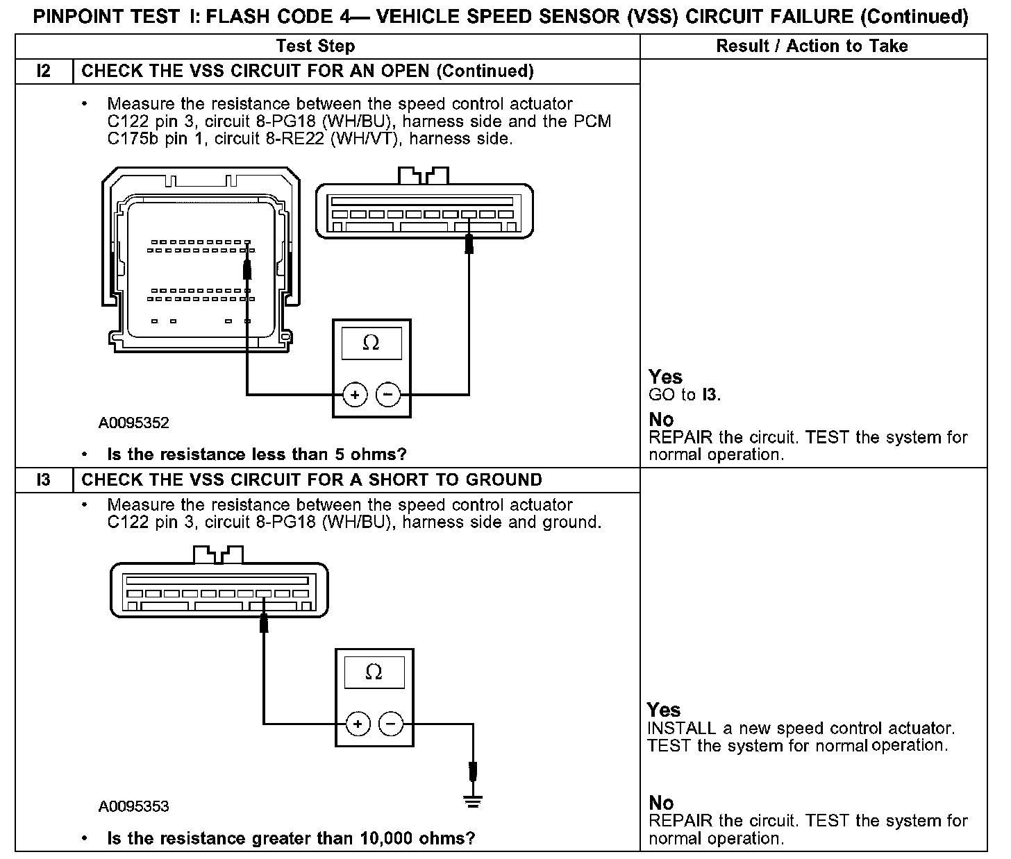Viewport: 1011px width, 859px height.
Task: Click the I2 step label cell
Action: coord(44,71)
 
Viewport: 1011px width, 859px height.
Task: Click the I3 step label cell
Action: coord(44,480)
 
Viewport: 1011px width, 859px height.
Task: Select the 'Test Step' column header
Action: coord(315,46)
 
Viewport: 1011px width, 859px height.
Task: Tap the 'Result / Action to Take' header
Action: coord(812,46)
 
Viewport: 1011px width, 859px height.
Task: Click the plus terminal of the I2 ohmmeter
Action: coord(355,396)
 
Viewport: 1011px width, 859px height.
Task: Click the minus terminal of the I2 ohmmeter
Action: coord(388,396)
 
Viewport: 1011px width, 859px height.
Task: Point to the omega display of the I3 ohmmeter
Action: coord(374,672)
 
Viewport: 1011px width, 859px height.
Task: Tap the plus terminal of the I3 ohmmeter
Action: coord(358,724)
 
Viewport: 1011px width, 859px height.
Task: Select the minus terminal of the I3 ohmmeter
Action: coord(391,724)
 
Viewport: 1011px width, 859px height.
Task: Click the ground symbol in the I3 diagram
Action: coord(473,802)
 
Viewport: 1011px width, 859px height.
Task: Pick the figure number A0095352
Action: coord(134,423)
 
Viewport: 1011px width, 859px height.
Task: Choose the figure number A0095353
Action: coord(134,806)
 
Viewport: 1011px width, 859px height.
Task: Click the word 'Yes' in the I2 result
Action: coord(665,377)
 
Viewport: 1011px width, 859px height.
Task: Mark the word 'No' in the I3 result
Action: coord(661,803)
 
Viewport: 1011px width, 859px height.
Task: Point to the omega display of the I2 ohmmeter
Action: coord(371,343)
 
